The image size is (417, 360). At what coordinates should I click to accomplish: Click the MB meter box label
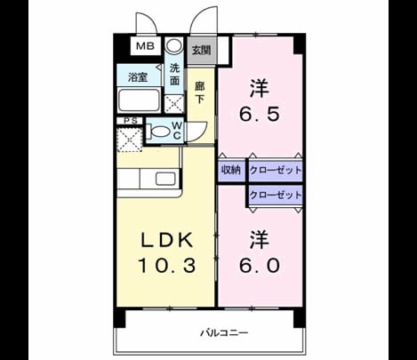[145, 46]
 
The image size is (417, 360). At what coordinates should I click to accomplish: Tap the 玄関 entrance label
[202, 50]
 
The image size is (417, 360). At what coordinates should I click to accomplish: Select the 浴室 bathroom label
[138, 77]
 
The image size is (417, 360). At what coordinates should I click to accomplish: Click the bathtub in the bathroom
[139, 100]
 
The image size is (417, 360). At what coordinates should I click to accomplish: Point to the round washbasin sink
[173, 45]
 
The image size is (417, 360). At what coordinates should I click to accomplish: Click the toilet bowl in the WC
[159, 131]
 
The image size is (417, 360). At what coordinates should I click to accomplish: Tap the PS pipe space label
[131, 121]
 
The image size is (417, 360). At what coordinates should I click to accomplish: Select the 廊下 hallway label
[199, 92]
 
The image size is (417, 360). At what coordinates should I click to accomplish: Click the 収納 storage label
[231, 170]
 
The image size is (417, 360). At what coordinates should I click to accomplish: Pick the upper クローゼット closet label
[276, 171]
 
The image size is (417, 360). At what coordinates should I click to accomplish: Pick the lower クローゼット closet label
[276, 195]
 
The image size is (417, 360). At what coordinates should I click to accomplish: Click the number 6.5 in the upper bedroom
[259, 114]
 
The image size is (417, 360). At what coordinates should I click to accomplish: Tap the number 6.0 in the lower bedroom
[259, 265]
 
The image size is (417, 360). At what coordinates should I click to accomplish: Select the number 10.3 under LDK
[167, 265]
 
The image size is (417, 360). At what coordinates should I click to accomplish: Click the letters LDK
[167, 240]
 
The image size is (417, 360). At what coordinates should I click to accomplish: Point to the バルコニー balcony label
[224, 332]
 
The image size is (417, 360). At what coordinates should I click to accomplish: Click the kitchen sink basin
[165, 179]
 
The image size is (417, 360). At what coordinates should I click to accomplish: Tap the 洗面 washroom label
[175, 75]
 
